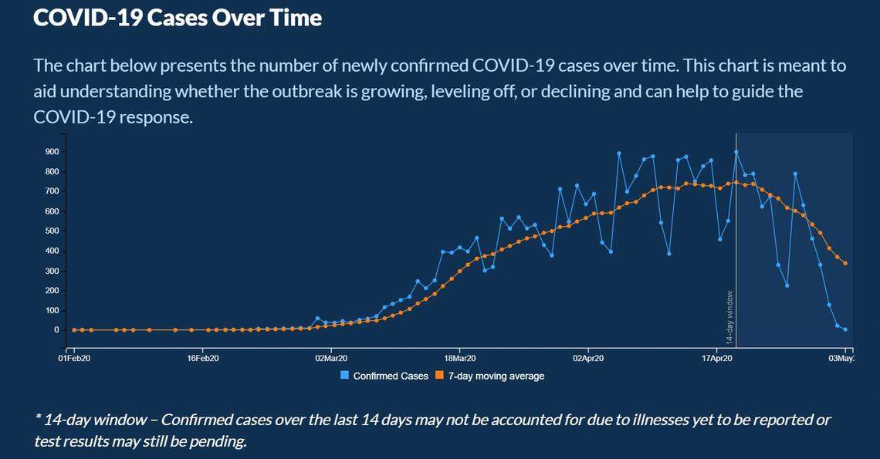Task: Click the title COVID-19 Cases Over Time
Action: pyautogui.click(x=178, y=18)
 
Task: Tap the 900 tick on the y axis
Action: pyautogui.click(x=51, y=152)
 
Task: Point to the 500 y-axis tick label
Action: pyautogui.click(x=51, y=231)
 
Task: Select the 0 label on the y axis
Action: pyautogui.click(x=56, y=329)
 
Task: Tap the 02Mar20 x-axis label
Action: pyautogui.click(x=330, y=359)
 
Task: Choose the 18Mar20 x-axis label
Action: pyautogui.click(x=459, y=359)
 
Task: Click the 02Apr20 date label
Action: pyautogui.click(x=588, y=359)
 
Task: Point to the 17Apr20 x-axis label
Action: pyautogui.click(x=717, y=359)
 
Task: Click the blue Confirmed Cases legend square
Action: pyautogui.click(x=345, y=376)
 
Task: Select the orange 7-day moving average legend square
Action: pyautogui.click(x=439, y=376)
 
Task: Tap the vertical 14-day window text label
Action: pyautogui.click(x=729, y=317)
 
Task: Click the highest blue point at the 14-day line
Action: pyautogui.click(x=736, y=153)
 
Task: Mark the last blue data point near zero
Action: pyautogui.click(x=846, y=329)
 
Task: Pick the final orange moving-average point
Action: pyautogui.click(x=846, y=263)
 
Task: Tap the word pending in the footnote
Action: pyautogui.click(x=218, y=441)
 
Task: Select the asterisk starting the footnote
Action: pyautogui.click(x=38, y=419)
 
